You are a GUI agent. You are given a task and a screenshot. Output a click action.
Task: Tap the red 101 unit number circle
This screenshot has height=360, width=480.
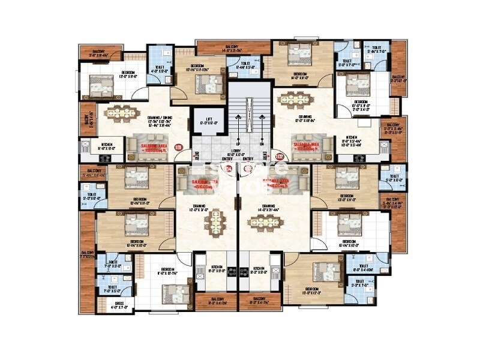tap(177, 146)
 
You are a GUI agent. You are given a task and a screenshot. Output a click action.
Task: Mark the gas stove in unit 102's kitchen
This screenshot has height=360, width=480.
tap(360, 160)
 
